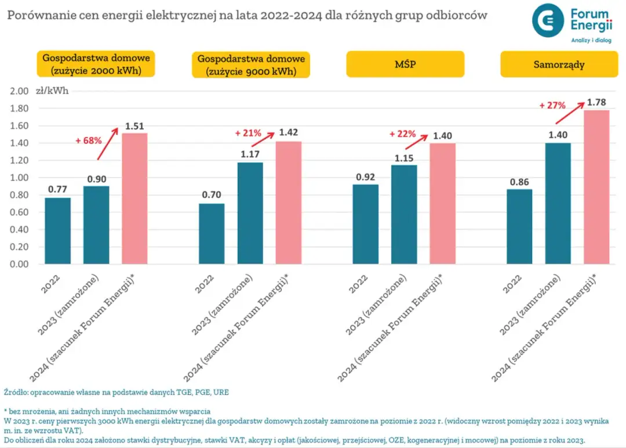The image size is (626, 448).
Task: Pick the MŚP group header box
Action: point(405,64)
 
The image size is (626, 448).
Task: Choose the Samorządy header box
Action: point(559,64)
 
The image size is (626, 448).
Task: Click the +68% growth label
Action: point(89,140)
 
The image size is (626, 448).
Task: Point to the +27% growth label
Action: point(552,106)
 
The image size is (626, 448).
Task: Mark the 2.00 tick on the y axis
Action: point(19,91)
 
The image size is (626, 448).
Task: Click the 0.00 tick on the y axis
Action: point(19,264)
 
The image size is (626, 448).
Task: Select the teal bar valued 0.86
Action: point(519,226)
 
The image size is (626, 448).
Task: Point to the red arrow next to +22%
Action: point(417,142)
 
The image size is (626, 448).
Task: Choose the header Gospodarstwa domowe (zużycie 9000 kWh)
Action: point(251,64)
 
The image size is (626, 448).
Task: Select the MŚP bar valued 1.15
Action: point(404,214)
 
